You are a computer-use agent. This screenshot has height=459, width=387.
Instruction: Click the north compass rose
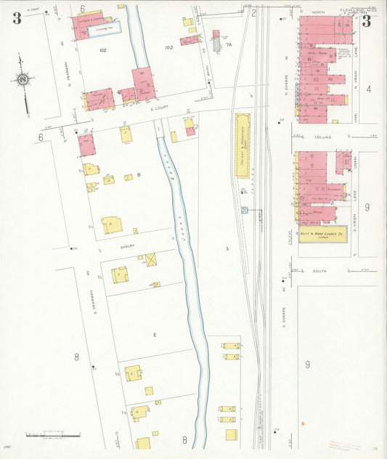click(x=23, y=78)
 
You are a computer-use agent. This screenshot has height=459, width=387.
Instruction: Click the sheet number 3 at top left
click(x=17, y=18)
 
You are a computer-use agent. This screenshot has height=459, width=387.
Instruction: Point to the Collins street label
click(x=323, y=137)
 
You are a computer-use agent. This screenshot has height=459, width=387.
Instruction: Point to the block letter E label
click(x=155, y=334)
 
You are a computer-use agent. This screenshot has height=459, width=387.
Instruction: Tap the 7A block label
click(x=229, y=45)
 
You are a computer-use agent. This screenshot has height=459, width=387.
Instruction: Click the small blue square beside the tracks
click(x=245, y=210)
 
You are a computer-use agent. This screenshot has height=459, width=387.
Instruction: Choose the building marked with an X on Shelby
click(x=151, y=259)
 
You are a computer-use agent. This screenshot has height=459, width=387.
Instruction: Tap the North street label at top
click(x=317, y=12)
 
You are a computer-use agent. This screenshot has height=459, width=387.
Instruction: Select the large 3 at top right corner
click(x=366, y=20)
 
